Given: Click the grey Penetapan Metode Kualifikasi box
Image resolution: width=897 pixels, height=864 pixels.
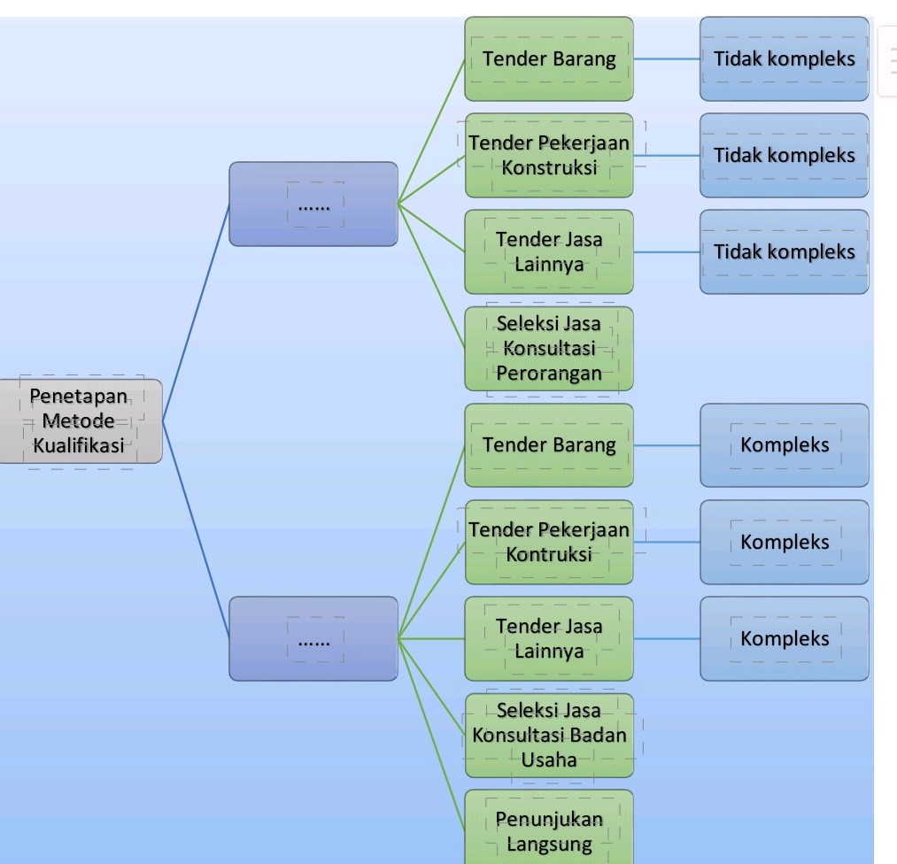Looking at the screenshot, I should tap(81, 420).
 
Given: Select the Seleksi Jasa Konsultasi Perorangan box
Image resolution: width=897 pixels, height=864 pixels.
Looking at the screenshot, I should tap(549, 348).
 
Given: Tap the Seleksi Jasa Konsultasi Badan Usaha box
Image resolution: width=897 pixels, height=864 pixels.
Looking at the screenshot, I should tap(549, 735).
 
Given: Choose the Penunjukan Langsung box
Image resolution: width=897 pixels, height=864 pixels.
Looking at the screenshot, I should tap(549, 830).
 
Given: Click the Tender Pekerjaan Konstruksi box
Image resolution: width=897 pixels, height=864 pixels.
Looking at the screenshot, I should tap(549, 155).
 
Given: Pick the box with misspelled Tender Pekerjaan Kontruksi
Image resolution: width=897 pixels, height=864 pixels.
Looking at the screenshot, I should tap(549, 542).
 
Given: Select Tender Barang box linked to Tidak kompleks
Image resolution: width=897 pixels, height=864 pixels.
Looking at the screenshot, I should tap(549, 58).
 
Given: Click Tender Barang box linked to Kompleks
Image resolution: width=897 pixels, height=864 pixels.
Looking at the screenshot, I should tap(549, 445).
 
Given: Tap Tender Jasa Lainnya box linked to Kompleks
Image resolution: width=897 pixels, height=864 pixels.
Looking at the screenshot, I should tap(549, 638).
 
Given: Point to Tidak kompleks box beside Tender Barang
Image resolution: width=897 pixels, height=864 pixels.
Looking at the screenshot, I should tap(785, 58).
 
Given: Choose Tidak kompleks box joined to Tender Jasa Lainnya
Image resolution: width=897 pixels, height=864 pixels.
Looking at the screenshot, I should tap(785, 251).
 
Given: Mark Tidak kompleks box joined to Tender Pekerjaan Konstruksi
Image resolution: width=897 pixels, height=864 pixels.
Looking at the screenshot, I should tap(785, 155).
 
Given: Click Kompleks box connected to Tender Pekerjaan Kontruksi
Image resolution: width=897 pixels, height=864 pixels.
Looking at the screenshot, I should tap(785, 542).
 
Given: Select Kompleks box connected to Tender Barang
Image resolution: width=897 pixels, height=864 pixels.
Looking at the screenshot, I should tap(785, 445).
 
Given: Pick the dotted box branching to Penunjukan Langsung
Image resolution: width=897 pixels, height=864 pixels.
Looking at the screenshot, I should tap(313, 638).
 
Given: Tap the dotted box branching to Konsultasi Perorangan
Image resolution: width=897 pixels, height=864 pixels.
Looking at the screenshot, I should tap(313, 204).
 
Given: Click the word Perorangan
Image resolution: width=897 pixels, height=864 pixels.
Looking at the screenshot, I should tap(549, 373).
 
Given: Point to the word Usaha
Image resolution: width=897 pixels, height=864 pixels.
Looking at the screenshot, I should tap(549, 760).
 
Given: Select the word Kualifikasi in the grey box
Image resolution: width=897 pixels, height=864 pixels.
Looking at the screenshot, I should tap(79, 445).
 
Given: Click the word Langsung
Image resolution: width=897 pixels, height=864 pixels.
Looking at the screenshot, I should tap(549, 844).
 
